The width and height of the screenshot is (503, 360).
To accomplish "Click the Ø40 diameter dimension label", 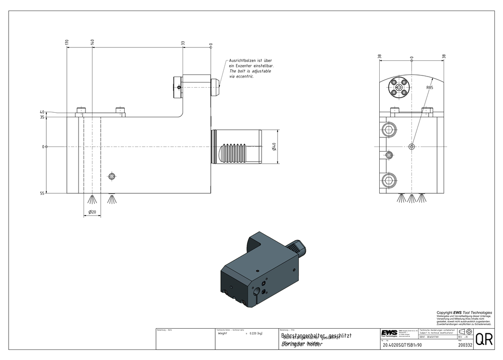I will point(274,147).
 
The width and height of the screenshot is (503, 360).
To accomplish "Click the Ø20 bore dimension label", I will point(92,212).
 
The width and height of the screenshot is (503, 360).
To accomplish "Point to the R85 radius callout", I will point(430,88).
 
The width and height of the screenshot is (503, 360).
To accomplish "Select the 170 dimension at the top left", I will point(67,43).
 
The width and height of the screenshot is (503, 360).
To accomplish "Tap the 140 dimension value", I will point(93,43).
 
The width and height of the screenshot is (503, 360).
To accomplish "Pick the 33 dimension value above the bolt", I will point(183,44).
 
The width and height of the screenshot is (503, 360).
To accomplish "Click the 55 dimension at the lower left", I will point(42,193).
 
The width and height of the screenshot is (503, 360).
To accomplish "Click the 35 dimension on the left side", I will point(42,117).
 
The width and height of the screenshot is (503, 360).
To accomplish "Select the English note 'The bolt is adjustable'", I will point(250,71).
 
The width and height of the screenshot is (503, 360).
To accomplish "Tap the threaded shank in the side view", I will point(236,147).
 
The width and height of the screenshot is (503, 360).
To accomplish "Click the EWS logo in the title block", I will point(388,335).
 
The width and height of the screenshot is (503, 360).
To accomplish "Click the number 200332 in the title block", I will point(465,345).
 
